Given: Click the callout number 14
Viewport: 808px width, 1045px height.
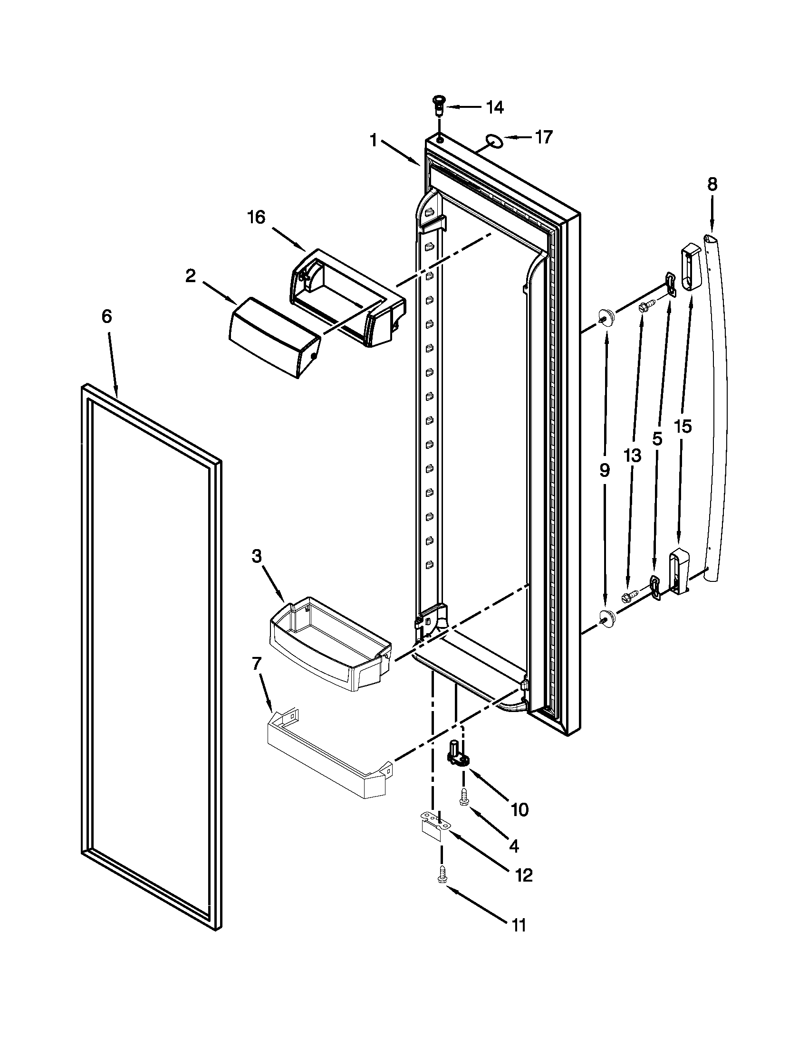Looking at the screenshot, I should (x=494, y=108).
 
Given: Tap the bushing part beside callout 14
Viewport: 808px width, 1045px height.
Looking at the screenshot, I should (x=437, y=104).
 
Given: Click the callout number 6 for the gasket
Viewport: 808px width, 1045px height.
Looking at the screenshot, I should (x=106, y=316).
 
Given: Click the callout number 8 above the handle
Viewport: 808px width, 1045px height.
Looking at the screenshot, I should (x=712, y=184).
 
